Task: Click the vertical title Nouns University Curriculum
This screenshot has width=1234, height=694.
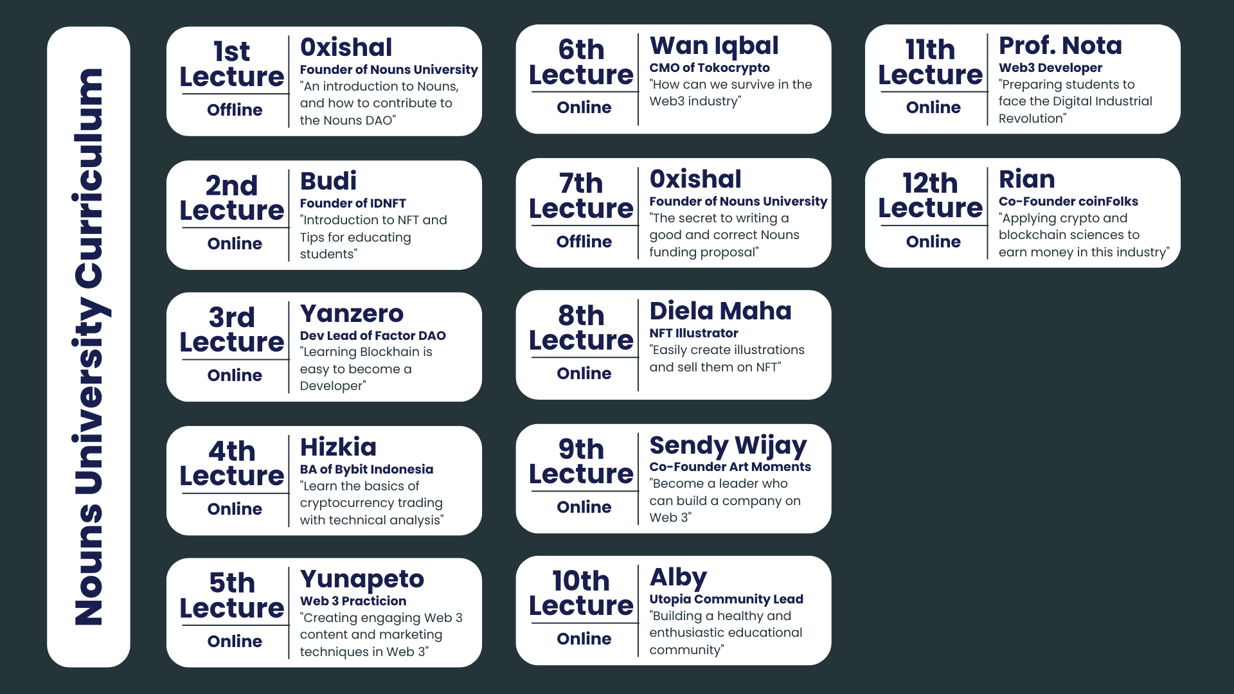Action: [89, 347]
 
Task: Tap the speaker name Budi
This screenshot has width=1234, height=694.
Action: [328, 181]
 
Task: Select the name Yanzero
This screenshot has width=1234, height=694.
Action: [352, 314]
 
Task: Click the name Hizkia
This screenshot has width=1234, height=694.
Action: [338, 447]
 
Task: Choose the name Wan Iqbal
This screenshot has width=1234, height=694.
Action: [714, 46]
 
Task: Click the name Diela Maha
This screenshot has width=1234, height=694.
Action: [720, 311]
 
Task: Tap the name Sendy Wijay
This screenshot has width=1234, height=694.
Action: [728, 446]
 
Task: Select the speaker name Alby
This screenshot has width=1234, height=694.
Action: [678, 578]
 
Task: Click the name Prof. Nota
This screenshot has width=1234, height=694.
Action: [1060, 46]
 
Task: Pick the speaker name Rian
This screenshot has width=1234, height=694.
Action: [1027, 179]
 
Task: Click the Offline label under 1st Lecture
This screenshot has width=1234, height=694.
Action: [235, 110]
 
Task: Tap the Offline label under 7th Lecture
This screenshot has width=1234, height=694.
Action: [584, 242]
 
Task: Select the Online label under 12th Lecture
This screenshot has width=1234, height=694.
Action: [933, 242]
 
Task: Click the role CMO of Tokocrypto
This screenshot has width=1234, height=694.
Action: [710, 68]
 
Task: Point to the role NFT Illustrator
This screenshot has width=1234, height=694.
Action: [694, 333]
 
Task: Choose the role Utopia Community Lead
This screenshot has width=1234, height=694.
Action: [726, 600]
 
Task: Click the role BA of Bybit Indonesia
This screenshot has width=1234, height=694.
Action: [366, 470]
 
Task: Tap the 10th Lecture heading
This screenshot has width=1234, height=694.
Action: [581, 593]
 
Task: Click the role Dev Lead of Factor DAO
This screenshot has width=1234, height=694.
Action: [373, 335]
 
